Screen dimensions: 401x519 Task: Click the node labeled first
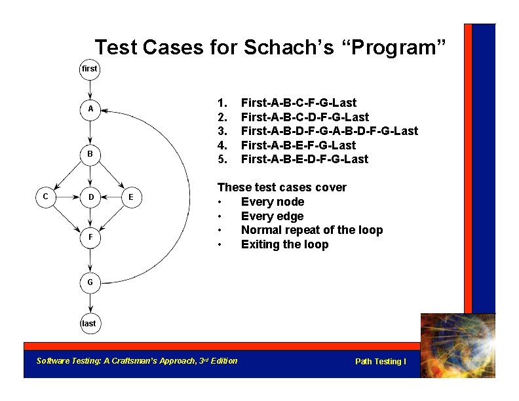point(90,69)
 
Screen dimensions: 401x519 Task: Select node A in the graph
point(90,109)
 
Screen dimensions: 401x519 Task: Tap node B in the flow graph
point(90,154)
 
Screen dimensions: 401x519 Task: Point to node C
point(45,196)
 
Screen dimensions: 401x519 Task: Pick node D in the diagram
point(90,197)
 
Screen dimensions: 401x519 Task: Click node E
point(131,197)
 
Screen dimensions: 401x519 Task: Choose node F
point(90,237)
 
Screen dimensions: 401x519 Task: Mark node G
point(90,283)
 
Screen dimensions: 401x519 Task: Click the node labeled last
point(88,323)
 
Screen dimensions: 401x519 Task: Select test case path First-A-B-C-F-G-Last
point(299,103)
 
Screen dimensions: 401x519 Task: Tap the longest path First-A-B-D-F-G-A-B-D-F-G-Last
point(329,131)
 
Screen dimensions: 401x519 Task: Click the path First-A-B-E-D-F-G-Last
point(305,159)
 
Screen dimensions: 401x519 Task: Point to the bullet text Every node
point(273,202)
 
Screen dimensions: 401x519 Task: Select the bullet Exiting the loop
point(284,244)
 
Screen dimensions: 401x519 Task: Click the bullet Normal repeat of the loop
point(311,230)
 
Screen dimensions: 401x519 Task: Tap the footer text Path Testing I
point(380,362)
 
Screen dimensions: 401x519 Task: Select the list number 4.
point(221,145)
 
